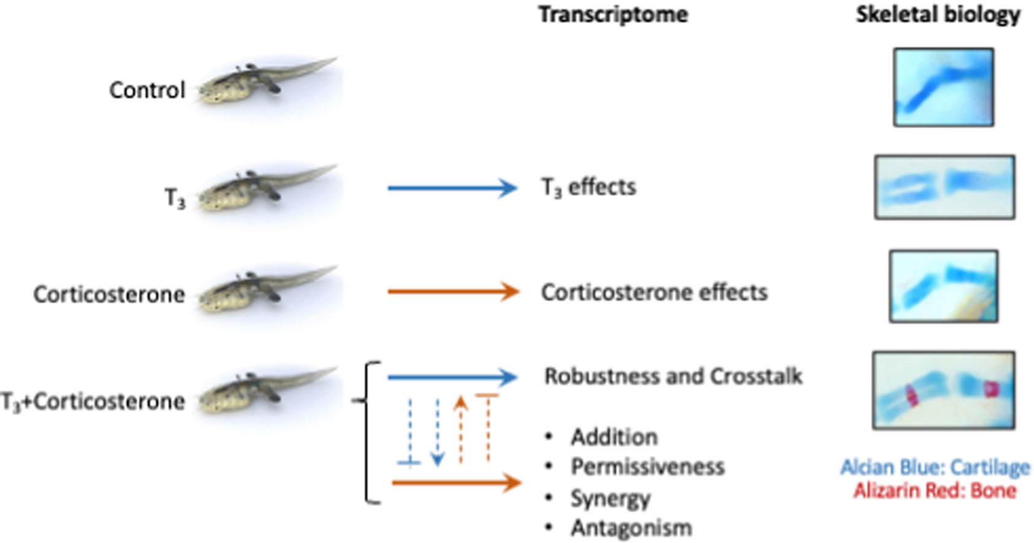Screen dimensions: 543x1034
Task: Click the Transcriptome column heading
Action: pos(613,15)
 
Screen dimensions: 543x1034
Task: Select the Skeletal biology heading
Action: pos(938,15)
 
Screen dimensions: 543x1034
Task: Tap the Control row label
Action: pos(147,90)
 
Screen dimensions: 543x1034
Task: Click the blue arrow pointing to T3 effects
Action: pos(452,188)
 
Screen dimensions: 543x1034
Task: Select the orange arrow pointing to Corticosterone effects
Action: pos(453,292)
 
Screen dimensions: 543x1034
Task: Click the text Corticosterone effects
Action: pos(654,292)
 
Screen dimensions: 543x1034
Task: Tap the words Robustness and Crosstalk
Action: pos(673,376)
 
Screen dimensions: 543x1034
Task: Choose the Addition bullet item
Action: pos(614,437)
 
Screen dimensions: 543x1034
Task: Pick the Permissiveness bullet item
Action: pos(648,467)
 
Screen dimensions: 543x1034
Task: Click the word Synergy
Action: pos(610,498)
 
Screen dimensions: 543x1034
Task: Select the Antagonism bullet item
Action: pos(631,528)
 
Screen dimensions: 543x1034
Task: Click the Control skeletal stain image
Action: pos(943,88)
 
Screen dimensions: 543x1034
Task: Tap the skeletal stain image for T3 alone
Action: pos(944,187)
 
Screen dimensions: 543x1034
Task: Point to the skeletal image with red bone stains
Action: pos(943,390)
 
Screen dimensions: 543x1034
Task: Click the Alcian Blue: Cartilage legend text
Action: pos(935,468)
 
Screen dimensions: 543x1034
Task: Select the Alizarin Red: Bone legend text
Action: pos(935,490)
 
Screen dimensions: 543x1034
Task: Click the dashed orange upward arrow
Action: pos(461,430)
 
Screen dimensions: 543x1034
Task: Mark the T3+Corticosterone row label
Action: pos(93,401)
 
